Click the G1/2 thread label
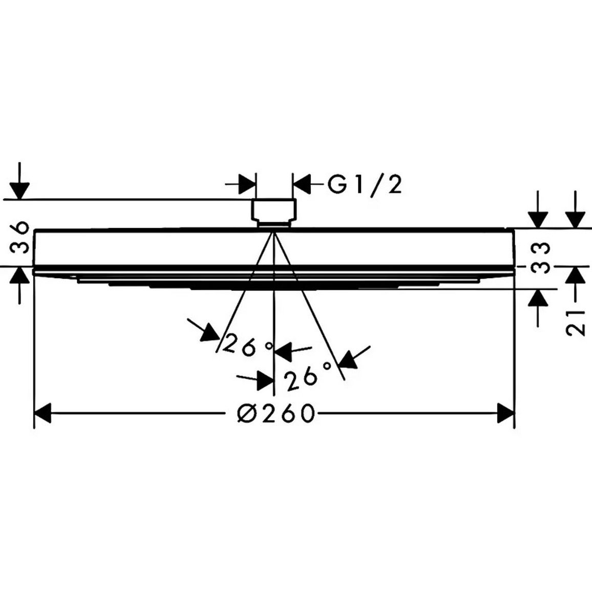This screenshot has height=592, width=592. tap(364, 185)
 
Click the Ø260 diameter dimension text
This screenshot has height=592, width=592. tap(276, 413)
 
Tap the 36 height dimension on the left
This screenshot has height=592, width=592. tap(19, 238)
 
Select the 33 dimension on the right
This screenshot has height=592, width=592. tap(539, 258)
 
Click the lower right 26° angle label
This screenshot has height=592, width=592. tap(308, 376)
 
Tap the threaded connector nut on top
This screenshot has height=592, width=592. tap(274, 214)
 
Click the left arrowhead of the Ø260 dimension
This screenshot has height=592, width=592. tap(43, 413)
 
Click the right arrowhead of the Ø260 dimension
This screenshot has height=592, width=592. tap(506, 413)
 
